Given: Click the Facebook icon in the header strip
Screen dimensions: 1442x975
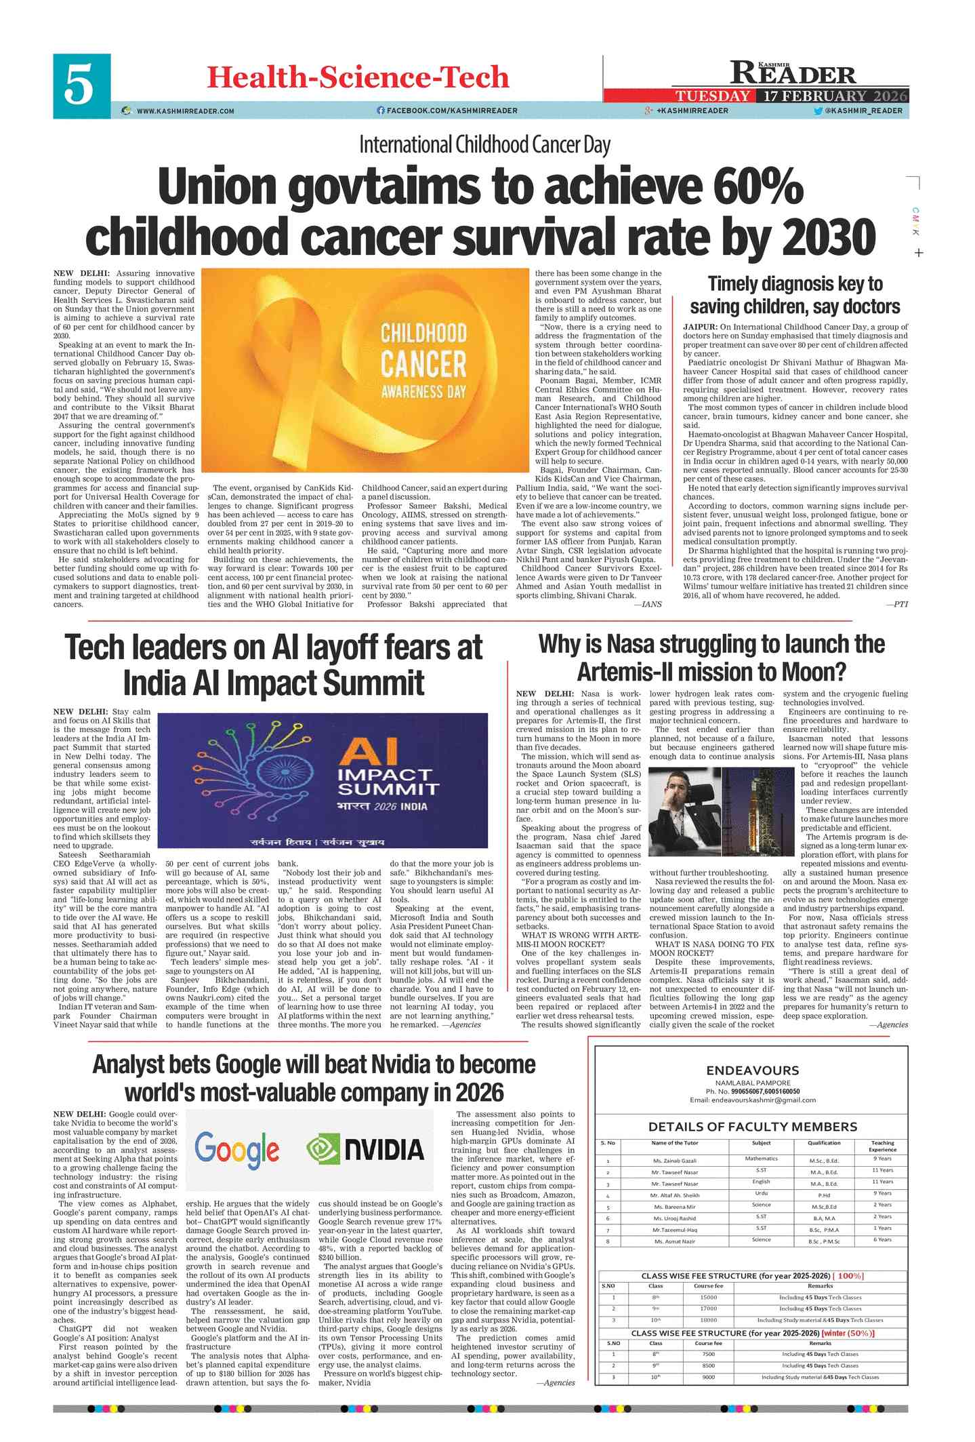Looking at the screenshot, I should pos(381,111).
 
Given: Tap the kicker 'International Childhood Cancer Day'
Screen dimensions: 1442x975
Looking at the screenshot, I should pos(484,144).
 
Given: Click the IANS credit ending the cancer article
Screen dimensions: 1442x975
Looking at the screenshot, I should pos(652,603).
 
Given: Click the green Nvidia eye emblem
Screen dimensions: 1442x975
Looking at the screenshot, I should pos(323,1148).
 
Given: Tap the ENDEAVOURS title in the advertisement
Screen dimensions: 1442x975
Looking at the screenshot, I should pos(752,1070).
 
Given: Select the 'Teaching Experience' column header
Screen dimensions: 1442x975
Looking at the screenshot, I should pos(882,1146).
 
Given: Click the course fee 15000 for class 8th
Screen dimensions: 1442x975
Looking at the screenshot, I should pos(708,1297).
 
